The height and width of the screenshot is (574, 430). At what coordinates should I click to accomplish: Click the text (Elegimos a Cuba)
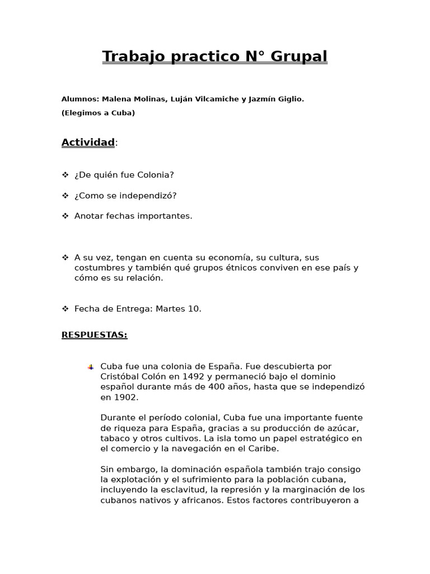coord(98,113)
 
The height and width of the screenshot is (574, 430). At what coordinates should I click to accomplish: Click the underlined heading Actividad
coord(88,142)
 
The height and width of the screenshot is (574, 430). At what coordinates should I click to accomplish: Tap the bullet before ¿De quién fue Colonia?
coord(65,175)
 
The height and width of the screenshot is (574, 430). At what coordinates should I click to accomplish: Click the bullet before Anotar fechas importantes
coord(65,216)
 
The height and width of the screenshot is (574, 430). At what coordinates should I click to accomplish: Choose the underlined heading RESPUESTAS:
coord(94,335)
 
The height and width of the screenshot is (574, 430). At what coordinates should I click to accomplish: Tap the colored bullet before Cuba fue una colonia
coord(90,367)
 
